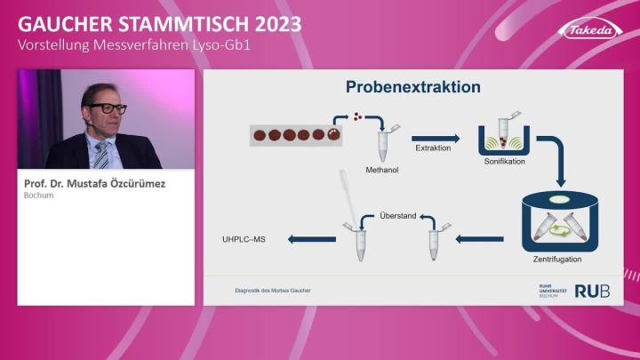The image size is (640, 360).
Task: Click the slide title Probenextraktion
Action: (x=412, y=87)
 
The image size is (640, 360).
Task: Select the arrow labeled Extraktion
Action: (x=437, y=138)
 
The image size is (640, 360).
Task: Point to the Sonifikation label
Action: (x=505, y=163)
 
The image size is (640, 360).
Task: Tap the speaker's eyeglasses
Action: (x=108, y=108)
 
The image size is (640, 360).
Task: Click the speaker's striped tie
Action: (x=101, y=153)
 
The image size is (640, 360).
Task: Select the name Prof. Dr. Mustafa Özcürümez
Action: (x=95, y=184)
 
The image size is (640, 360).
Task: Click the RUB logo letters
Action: (x=592, y=291)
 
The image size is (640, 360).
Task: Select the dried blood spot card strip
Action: (x=294, y=135)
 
